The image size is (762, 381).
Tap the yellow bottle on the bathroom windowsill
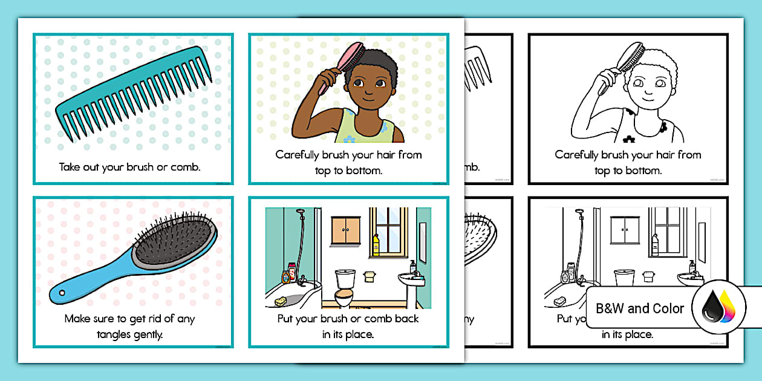[376, 245]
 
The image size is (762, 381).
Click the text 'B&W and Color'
[640, 308]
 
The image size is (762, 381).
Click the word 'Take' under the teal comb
[70, 166]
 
